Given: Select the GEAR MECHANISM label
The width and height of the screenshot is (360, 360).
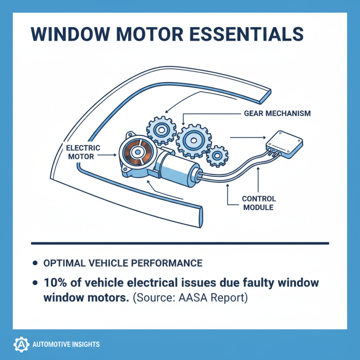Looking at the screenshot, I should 277,113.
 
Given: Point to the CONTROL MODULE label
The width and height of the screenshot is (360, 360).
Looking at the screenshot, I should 259,203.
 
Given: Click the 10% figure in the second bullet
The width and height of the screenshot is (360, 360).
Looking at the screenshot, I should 55,283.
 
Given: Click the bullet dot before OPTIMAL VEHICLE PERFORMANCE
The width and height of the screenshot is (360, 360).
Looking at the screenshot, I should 36,262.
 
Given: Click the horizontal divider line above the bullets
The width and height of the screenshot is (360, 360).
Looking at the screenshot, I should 180,243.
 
